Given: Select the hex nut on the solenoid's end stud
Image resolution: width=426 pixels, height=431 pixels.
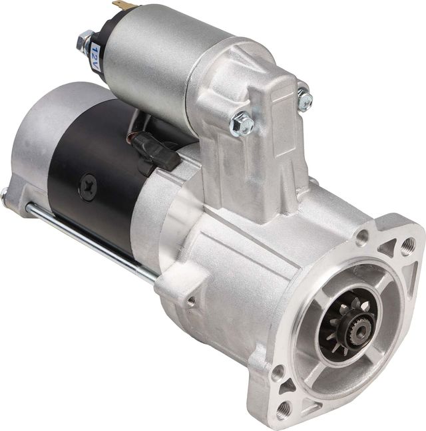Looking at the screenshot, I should [x=85, y=42].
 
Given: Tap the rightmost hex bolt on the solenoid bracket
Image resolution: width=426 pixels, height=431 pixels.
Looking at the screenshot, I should [x=304, y=100].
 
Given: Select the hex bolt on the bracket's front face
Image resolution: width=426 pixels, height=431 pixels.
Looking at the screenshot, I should [x=242, y=124].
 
